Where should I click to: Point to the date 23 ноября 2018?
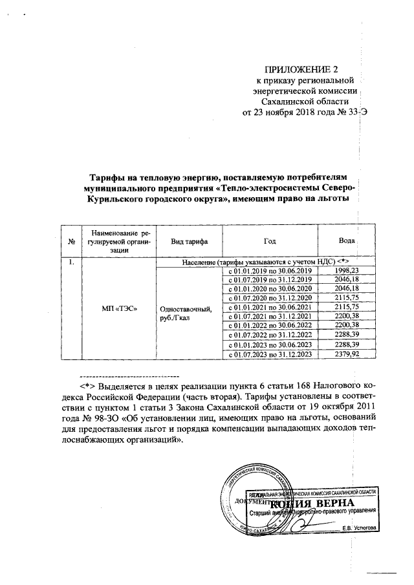291,112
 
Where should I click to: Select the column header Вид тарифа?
188,240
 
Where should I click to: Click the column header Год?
270,240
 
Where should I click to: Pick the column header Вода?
347,240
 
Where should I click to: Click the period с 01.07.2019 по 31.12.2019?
270,279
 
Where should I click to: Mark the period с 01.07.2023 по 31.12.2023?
270,354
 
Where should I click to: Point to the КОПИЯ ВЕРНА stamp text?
312,504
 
